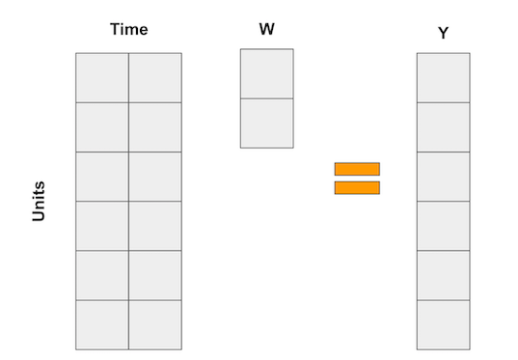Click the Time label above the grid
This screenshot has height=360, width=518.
point(128,29)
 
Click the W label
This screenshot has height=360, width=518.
point(267,29)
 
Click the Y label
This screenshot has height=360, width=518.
point(443,34)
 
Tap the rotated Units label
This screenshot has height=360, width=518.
point(39,202)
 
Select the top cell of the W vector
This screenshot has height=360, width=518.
point(266,73)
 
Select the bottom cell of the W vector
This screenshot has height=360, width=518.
point(266,123)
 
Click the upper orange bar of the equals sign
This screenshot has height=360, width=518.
point(357,169)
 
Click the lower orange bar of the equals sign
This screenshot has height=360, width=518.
point(357,188)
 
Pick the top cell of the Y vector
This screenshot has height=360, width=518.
point(443,77)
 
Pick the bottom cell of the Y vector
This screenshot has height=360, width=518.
point(443,324)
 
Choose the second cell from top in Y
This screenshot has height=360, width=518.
point(443,126)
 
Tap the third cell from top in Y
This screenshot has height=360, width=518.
point(443,176)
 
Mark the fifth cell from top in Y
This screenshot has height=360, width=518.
point(443,275)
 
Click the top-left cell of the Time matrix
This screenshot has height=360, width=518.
point(102,77)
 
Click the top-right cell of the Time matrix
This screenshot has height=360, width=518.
point(154,77)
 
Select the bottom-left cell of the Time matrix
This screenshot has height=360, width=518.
point(102,324)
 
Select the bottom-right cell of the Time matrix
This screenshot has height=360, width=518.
point(154,324)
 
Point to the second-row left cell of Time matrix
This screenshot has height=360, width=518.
point(102,126)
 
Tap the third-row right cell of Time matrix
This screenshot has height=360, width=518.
point(154,176)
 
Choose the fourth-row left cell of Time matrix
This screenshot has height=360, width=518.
point(102,226)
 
